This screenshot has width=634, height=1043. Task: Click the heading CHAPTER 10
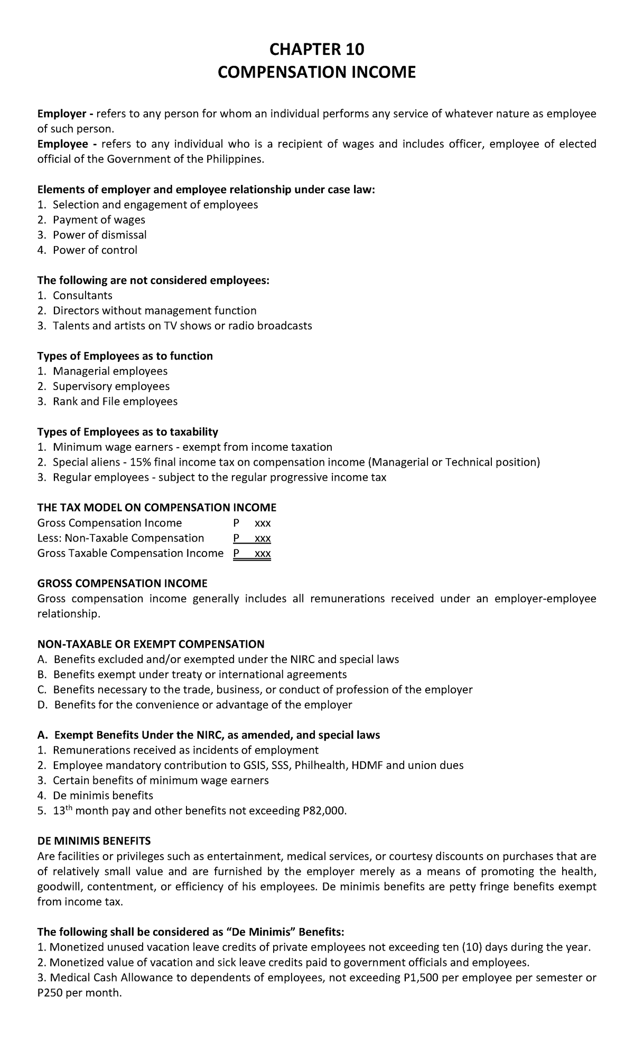316,50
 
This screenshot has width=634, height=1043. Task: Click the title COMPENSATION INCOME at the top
316,72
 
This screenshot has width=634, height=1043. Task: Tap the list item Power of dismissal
99,235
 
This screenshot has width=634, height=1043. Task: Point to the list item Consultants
82,296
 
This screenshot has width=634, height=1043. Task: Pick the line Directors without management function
154,311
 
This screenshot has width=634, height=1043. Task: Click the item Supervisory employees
111,386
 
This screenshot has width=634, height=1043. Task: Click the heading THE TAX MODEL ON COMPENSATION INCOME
157,508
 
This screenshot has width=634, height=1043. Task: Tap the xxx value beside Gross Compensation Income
263,523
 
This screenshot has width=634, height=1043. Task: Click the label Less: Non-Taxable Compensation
121,538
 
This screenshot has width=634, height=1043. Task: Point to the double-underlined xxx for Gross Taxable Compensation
263,554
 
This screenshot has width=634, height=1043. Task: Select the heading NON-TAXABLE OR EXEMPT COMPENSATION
151,644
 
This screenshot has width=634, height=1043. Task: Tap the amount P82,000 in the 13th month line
324,811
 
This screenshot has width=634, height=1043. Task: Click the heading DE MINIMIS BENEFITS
94,841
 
